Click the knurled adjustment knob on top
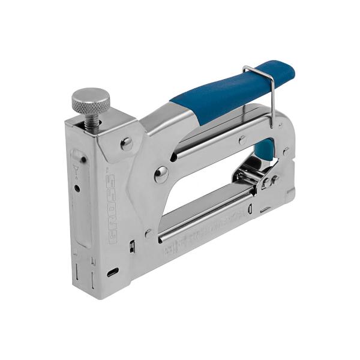click(x=91, y=100)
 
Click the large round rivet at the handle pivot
click(x=161, y=175)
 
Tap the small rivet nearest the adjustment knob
click(x=126, y=143)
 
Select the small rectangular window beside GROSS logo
click(x=131, y=245)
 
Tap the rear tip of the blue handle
click(x=289, y=71)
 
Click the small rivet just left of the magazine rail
click(x=148, y=232)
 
